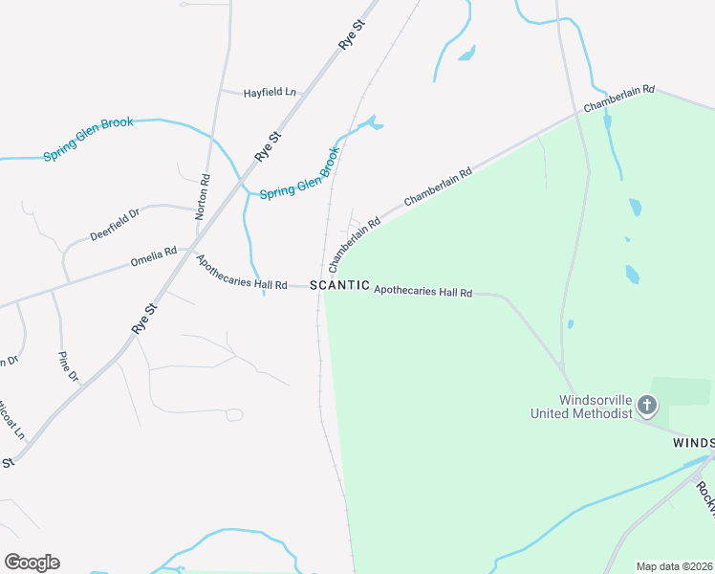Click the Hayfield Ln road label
tap(270, 93)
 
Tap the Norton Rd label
tap(202, 197)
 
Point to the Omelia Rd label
tap(154, 256)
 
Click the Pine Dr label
tap(68, 366)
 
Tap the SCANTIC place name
tap(339, 285)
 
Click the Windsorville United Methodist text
tap(582, 407)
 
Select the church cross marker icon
tap(647, 406)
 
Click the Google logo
tap(32, 563)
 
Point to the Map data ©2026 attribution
tap(673, 566)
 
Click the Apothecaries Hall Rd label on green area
tap(423, 291)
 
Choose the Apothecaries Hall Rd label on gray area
tap(241, 273)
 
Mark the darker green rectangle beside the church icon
tap(682, 391)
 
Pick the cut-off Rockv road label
tap(704, 497)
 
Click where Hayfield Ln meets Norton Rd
tap(221, 92)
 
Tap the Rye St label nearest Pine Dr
tap(144, 320)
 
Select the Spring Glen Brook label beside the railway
tap(300, 173)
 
